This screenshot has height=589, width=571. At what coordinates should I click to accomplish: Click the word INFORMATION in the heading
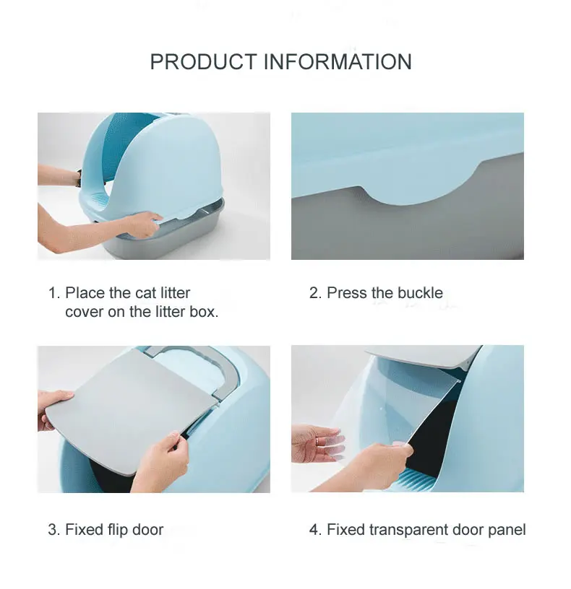click(x=337, y=62)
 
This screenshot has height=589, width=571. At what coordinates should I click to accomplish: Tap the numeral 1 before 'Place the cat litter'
click(x=52, y=293)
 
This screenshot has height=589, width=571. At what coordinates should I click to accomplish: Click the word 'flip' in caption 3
click(x=117, y=530)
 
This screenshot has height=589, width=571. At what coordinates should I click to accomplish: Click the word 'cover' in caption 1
click(x=84, y=313)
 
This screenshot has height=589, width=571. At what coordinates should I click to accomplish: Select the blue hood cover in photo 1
click(x=181, y=159)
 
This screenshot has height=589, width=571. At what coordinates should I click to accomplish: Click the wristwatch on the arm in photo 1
click(x=78, y=175)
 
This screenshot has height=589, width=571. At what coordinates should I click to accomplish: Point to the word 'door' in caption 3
click(x=148, y=530)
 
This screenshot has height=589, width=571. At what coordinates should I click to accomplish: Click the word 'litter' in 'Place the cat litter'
click(x=173, y=293)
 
